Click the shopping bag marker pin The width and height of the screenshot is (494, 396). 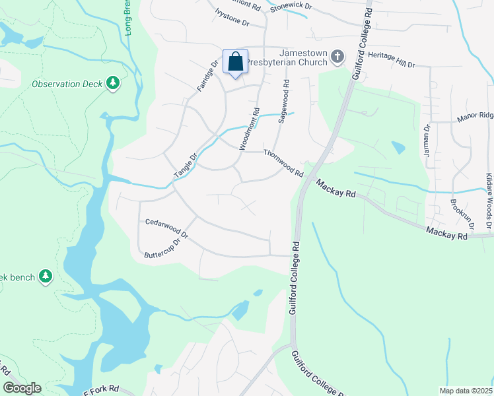click(x=236, y=63)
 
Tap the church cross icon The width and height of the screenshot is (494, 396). click(x=337, y=57)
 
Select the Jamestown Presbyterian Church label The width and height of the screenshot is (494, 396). click(x=303, y=57)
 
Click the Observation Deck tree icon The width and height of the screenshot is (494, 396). click(x=113, y=83)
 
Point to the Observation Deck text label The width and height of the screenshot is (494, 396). click(x=67, y=84)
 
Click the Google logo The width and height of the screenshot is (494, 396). click(x=22, y=388)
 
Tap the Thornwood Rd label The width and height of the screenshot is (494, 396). click(x=283, y=163)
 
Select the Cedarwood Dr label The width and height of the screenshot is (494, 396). click(x=167, y=229)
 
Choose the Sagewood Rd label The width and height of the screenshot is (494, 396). click(x=284, y=102)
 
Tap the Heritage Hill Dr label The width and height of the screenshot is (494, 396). click(x=392, y=61)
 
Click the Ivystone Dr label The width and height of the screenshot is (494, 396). click(x=232, y=18)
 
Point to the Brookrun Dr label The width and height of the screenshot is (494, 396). click(x=462, y=213)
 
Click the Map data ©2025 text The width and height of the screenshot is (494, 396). click(x=466, y=391)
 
